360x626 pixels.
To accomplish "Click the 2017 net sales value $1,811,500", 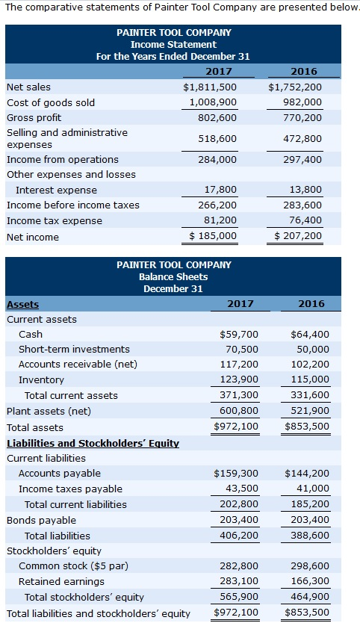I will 210,87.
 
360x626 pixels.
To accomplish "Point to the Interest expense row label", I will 56,190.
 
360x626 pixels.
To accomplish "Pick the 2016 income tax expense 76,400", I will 302,220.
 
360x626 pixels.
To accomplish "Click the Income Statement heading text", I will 174,45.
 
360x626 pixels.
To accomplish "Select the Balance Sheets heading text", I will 174,276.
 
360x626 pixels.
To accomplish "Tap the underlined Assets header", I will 22,304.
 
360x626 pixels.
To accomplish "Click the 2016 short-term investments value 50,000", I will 312,349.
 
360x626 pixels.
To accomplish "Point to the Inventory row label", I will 41,380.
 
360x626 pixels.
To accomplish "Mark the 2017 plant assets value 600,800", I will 239,410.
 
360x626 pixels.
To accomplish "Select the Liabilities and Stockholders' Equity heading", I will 93,443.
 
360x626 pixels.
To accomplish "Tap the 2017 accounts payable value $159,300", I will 236,473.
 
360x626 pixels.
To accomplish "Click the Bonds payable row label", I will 41,520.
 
